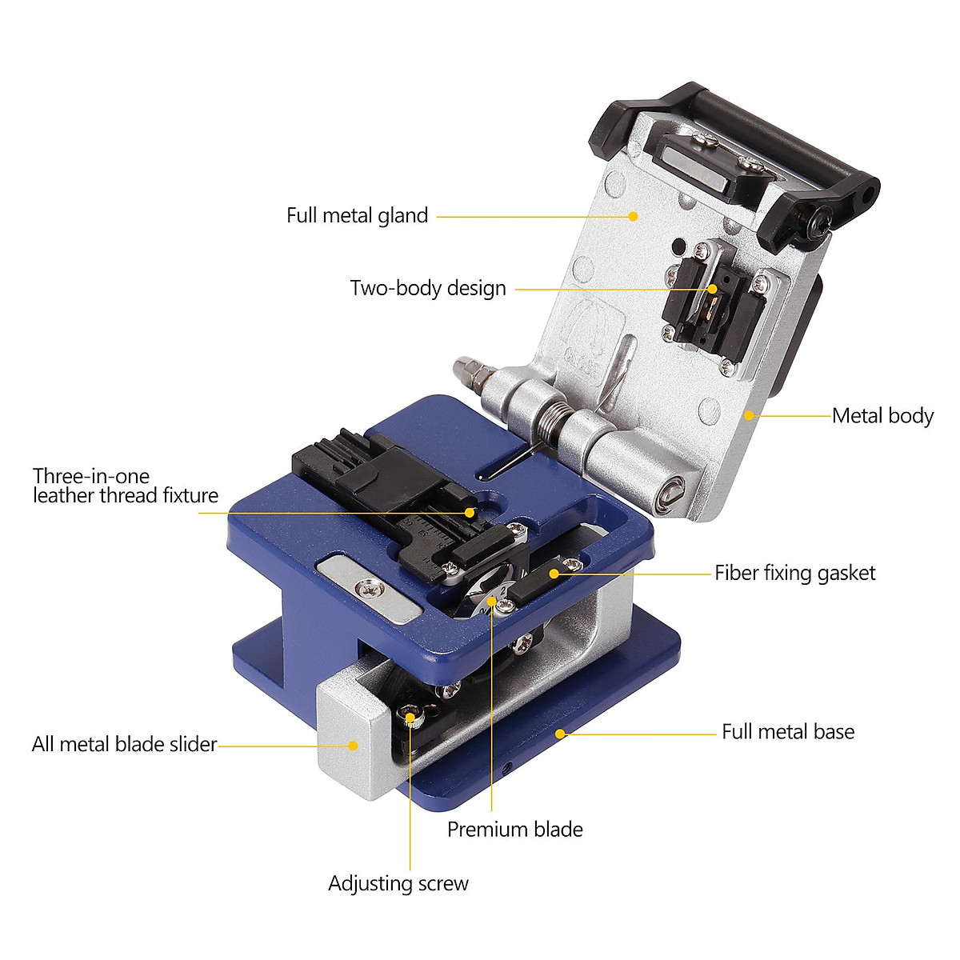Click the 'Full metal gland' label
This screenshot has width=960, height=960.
(357, 215)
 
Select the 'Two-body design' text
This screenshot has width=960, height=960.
(428, 288)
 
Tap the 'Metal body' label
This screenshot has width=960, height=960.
(882, 416)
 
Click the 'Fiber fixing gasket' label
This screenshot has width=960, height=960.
(794, 573)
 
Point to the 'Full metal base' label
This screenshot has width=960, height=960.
(787, 732)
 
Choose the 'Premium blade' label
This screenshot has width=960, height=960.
(514, 830)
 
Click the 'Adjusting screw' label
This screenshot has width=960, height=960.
(398, 884)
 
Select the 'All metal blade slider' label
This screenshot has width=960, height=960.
(124, 745)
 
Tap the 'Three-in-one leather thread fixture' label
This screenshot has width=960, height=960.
(125, 486)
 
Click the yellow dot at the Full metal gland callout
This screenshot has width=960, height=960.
(633, 216)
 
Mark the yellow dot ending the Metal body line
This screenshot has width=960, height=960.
(750, 415)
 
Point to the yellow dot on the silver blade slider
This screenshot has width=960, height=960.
(353, 745)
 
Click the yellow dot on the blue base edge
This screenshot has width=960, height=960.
(562, 732)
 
